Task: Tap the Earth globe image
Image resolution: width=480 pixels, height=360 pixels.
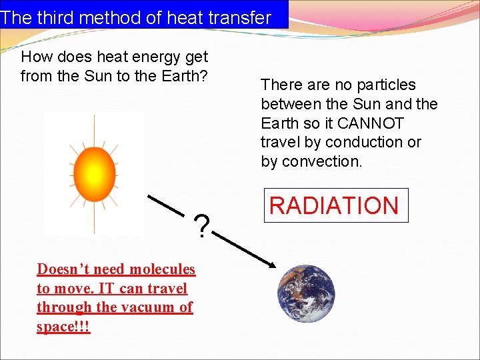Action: (306, 293)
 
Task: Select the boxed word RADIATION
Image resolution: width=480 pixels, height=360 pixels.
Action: (334, 205)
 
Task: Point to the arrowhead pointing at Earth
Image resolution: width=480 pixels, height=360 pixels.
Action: (271, 265)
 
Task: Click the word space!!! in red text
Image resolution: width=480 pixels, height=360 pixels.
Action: (63, 327)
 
